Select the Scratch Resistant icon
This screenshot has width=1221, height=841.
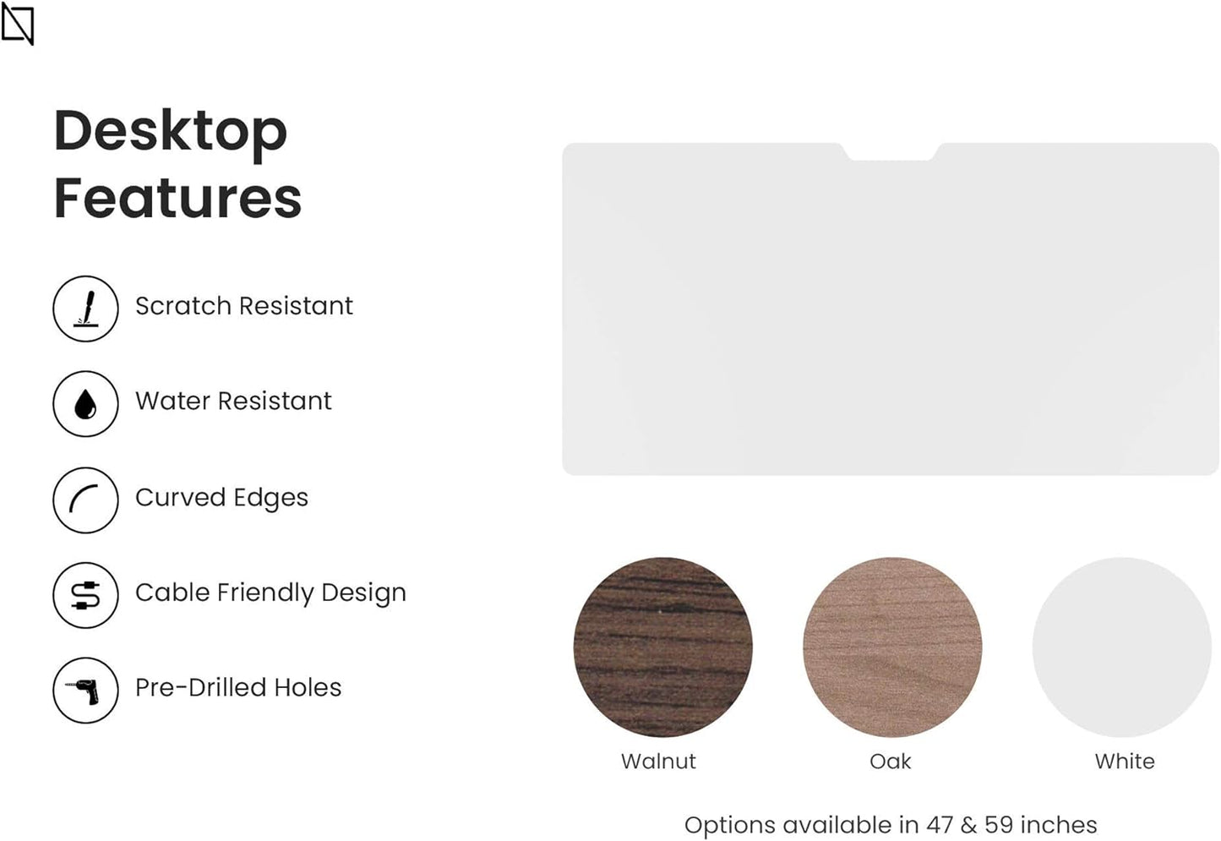click(x=85, y=309)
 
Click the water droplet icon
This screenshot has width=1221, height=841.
click(x=85, y=404)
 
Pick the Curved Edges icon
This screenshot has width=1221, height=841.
click(x=85, y=500)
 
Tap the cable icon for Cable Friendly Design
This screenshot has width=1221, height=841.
click(x=85, y=595)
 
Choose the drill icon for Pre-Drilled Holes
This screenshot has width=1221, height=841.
click(x=85, y=691)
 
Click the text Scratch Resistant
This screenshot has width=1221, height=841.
click(x=244, y=305)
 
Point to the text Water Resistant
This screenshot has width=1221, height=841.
click(x=233, y=401)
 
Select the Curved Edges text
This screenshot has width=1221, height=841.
click(x=222, y=498)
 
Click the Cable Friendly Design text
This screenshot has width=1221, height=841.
click(x=271, y=593)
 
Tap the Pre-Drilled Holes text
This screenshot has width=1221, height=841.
click(x=238, y=687)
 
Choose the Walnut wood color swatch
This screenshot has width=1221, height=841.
click(x=663, y=647)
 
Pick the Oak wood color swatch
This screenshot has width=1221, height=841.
click(x=893, y=647)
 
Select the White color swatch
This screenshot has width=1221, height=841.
click(x=1122, y=647)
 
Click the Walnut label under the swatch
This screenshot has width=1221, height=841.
click(x=658, y=762)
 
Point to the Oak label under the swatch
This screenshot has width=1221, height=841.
click(x=890, y=762)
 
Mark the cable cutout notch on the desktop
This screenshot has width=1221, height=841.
click(x=891, y=152)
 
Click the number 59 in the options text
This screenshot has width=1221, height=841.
click(x=999, y=825)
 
